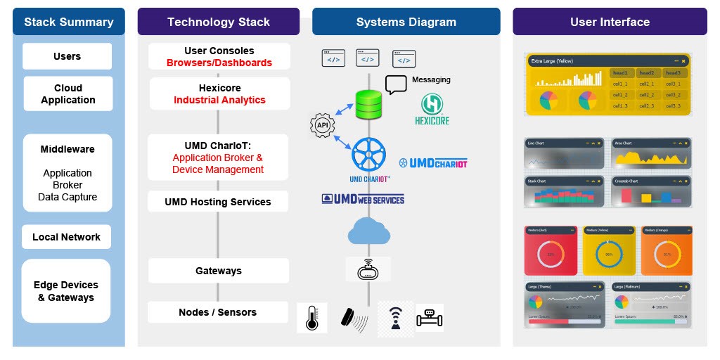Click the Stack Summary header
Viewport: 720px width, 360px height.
[68, 22]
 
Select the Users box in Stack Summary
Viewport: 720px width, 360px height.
[67, 56]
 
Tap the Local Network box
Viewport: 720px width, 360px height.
[66, 237]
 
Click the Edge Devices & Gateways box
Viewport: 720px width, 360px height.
[66, 291]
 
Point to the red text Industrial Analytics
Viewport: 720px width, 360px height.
[219, 101]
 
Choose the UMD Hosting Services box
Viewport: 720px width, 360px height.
[218, 202]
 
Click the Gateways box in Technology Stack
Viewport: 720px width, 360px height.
[218, 271]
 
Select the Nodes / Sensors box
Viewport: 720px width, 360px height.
[218, 312]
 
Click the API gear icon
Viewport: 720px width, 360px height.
[322, 126]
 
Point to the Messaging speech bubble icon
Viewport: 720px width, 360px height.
[396, 84]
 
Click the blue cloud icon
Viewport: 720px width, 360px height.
[368, 231]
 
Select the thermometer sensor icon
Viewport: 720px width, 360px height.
[312, 318]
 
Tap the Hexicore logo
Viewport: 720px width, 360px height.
[431, 110]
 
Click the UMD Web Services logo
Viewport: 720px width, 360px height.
[363, 199]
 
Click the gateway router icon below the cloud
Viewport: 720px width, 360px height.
[368, 269]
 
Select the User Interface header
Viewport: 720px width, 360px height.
[610, 22]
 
